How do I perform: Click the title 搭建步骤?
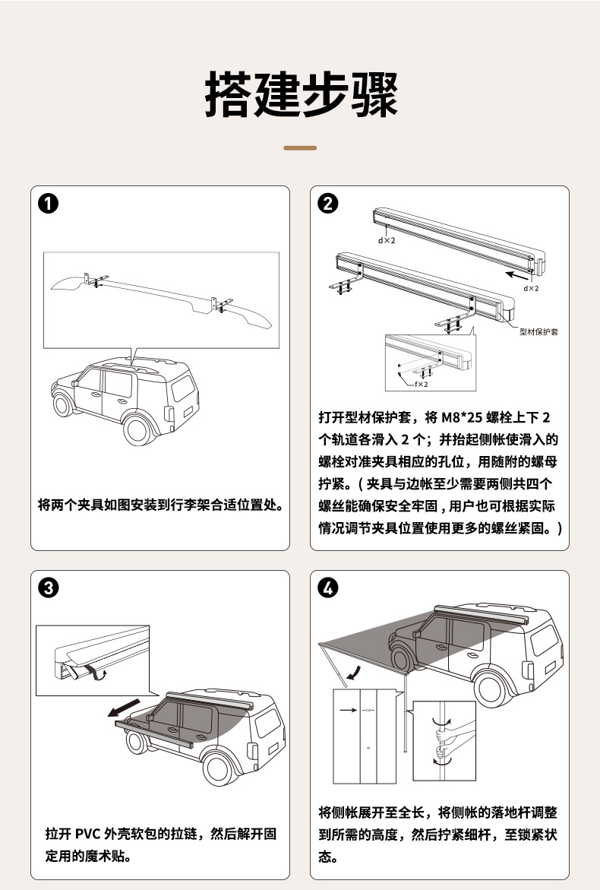(x=300, y=95)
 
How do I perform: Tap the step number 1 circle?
(x=49, y=204)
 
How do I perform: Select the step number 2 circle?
(x=330, y=204)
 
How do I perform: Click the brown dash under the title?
(x=300, y=147)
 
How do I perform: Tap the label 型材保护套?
(x=538, y=332)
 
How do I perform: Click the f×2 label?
(x=421, y=385)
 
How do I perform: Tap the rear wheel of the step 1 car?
(x=139, y=429)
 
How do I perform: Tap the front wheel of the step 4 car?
(x=401, y=657)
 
